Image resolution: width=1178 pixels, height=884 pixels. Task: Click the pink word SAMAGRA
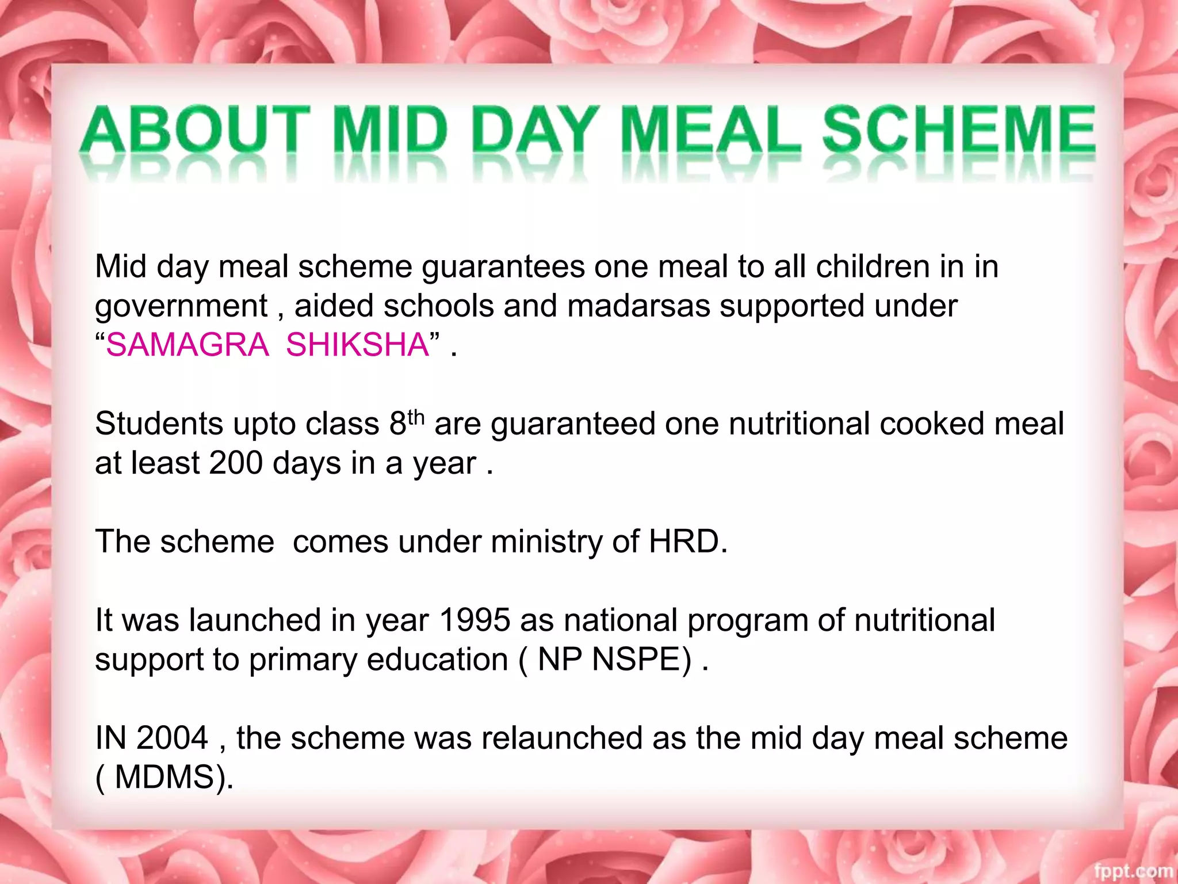pyautogui.click(x=187, y=345)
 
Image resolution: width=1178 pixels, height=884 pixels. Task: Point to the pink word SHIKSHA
pyautogui.click(x=357, y=345)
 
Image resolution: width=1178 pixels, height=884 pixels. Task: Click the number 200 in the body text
pyautogui.click(x=236, y=463)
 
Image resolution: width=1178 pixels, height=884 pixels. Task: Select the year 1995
pyautogui.click(x=475, y=620)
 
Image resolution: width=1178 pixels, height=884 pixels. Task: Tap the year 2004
pyautogui.click(x=172, y=738)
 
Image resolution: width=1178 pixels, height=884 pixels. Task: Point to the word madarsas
pyautogui.click(x=638, y=306)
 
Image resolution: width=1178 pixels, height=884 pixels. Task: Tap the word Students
pyautogui.click(x=159, y=424)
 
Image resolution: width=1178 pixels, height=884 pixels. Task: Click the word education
pyautogui.click(x=437, y=660)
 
